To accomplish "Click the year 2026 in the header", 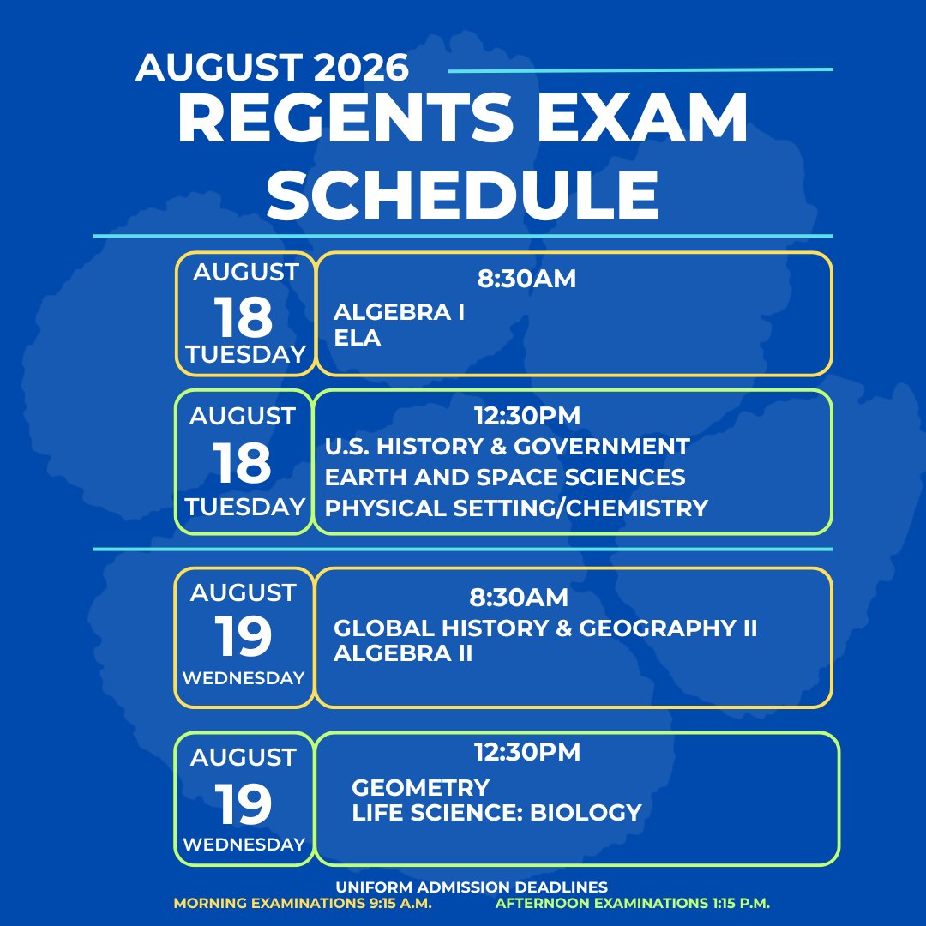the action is (361, 67).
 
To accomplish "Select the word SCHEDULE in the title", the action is (462, 195).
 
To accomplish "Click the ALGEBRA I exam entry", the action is (400, 312).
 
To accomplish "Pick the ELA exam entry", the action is (357, 338).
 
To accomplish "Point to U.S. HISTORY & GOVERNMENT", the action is (507, 447).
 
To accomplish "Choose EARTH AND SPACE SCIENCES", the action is (505, 478).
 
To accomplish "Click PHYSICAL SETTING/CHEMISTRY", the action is (516, 508).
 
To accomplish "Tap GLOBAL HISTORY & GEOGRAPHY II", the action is (545, 628).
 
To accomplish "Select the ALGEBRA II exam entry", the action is (403, 653).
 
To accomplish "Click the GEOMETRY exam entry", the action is (420, 787).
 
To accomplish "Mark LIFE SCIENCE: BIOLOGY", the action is (496, 812).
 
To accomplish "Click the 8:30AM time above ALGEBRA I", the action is (526, 279).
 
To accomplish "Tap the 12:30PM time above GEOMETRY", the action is (527, 752).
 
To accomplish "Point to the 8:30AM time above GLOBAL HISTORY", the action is (519, 597).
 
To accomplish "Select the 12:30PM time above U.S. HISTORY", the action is (527, 415).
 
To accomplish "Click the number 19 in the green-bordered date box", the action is (243, 803).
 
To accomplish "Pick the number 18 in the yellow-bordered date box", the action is (243, 316).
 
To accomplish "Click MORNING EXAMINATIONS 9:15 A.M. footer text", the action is (303, 903).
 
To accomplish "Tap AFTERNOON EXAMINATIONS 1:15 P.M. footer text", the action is (633, 903).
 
